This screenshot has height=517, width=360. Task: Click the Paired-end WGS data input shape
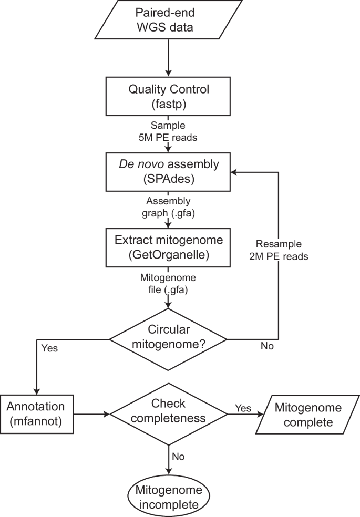(168, 20)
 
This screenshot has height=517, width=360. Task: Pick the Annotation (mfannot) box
(36, 414)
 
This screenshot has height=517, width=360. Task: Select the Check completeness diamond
(168, 414)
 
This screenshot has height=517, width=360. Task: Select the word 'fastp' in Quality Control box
(168, 104)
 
